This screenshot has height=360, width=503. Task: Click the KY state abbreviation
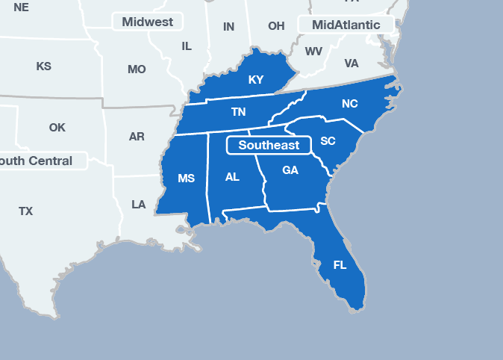(256, 80)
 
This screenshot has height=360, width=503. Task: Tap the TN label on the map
(238, 112)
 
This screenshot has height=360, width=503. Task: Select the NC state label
(349, 104)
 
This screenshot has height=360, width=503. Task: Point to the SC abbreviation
(328, 141)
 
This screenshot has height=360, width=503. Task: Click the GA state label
(290, 170)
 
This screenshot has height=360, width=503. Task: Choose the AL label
(232, 177)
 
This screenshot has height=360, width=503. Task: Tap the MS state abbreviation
(186, 179)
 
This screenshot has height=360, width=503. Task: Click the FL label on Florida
(340, 265)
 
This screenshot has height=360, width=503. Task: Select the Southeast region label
(269, 145)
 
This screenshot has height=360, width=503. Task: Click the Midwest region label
(147, 22)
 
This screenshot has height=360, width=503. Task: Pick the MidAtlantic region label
(346, 25)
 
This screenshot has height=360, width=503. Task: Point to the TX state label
(26, 211)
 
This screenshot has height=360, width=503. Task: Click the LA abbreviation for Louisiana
(138, 204)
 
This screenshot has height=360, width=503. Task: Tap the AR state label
(137, 137)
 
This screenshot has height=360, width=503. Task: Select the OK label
(57, 127)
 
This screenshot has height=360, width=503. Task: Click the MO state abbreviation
(137, 69)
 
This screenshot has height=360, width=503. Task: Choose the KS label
(44, 66)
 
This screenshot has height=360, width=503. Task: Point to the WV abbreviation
(313, 52)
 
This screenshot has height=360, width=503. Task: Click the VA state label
(352, 63)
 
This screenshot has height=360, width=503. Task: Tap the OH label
(276, 26)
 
